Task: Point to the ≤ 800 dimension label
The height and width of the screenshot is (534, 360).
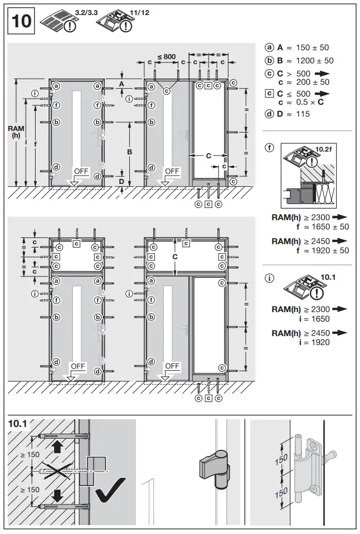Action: [166, 56]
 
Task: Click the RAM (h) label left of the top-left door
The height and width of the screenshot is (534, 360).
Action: [16, 132]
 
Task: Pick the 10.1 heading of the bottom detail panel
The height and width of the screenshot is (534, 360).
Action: [18, 424]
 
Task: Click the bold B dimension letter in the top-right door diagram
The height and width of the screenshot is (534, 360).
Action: [128, 151]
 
